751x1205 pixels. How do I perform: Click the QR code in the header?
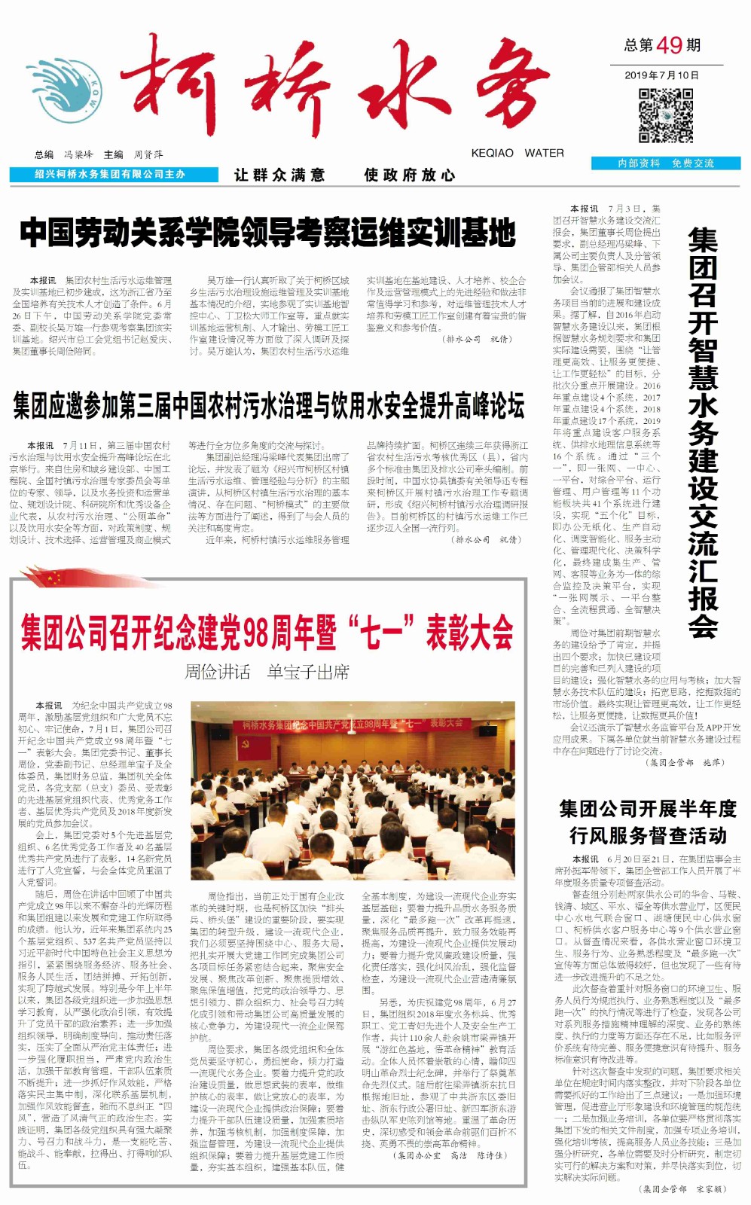666,115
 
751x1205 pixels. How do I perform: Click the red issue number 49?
669,45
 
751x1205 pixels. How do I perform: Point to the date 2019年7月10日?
662,75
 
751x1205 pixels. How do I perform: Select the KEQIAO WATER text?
517,153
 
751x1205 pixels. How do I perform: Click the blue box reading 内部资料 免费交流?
666,163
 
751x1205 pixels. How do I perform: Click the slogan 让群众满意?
279,175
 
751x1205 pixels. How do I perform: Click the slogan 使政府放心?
410,175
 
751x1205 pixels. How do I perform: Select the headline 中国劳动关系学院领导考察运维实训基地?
268,233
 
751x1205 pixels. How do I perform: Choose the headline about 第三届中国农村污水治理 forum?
268,406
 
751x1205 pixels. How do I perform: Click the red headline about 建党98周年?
267,632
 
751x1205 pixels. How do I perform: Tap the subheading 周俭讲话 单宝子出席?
267,671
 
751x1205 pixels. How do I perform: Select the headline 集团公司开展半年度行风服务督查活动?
648,822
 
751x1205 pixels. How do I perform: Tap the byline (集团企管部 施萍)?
685,762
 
